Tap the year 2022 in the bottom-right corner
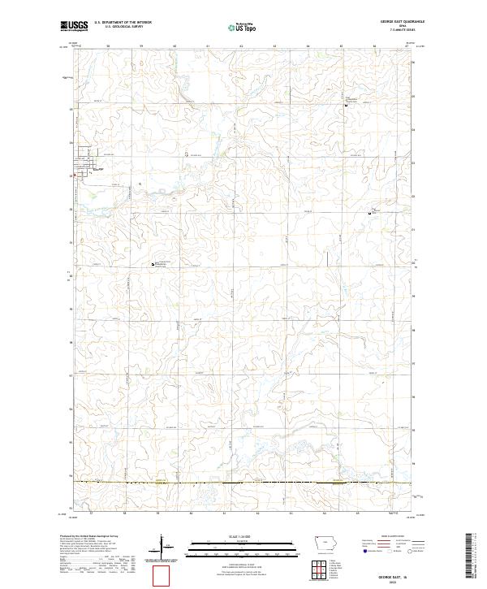tap(403, 580)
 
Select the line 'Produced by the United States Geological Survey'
tap(89, 537)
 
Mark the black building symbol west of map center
tap(153, 264)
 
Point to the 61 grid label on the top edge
tap(208, 46)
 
